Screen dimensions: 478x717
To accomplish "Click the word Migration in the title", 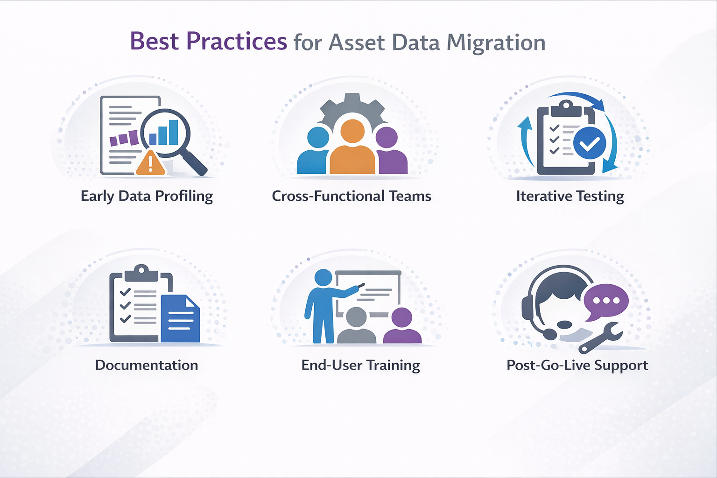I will [x=496, y=43].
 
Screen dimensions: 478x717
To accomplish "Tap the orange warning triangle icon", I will [x=150, y=163].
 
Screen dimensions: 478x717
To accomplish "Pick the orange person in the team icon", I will [x=352, y=149].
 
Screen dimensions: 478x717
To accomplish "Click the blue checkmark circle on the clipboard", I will [x=589, y=144].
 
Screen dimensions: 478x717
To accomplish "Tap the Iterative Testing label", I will [x=569, y=196].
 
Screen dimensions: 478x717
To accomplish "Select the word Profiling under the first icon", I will [x=184, y=196].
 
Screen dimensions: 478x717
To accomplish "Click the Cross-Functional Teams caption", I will [x=351, y=196].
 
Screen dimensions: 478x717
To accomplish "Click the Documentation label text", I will [x=147, y=365].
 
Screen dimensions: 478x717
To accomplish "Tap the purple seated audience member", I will [x=402, y=327].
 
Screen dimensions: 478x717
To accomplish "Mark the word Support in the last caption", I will [x=621, y=365].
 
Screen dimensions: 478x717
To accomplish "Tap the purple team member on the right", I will [x=390, y=152].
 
